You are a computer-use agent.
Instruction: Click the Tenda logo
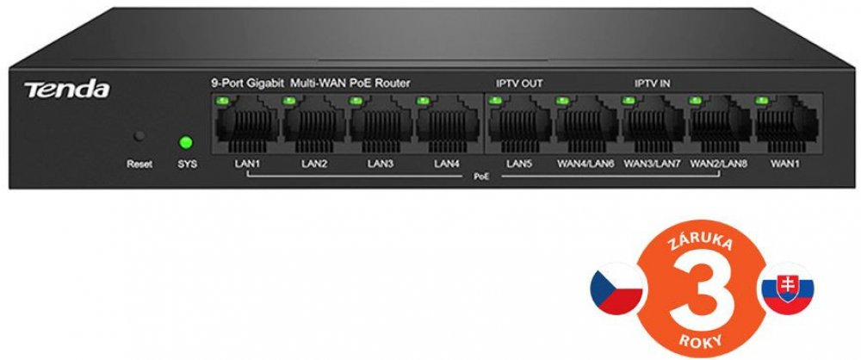pos(66,90)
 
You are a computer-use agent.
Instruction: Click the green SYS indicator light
pos(184,141)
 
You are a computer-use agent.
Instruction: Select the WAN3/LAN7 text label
pos(652,164)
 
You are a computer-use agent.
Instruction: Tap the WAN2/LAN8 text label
pos(719,164)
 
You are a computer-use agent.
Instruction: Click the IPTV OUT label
pos(519,84)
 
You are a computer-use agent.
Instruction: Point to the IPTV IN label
pos(652,84)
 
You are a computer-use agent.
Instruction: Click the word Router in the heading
pos(393,84)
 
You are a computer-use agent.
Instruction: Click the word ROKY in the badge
pos(700,340)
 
